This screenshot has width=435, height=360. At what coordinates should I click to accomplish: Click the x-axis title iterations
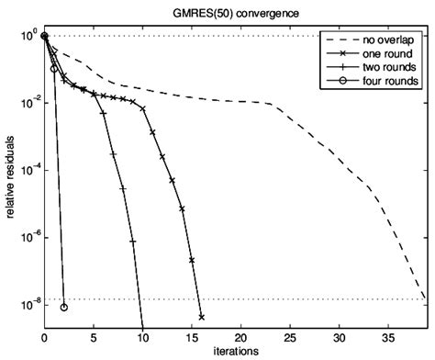click(x=234, y=351)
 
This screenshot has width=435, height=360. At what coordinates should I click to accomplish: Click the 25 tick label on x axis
click(x=290, y=337)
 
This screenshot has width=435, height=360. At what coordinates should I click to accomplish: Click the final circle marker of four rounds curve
click(x=64, y=307)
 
